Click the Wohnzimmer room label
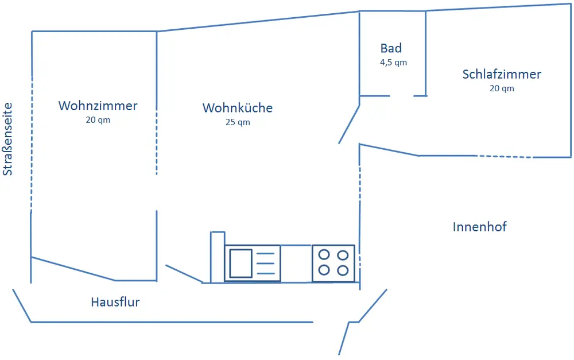click(98, 106)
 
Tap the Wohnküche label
click(238, 108)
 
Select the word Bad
click(391, 48)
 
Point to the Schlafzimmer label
click(502, 74)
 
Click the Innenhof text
click(479, 227)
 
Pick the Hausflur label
click(115, 302)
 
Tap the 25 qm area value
click(238, 122)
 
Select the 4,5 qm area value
click(393, 63)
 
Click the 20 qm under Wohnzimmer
click(98, 120)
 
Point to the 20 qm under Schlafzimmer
click(502, 88)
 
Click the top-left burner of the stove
click(324, 254)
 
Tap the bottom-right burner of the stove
click(343, 270)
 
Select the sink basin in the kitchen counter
click(241, 264)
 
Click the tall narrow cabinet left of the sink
click(218, 257)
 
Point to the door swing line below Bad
click(349, 124)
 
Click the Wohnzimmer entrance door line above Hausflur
click(73, 269)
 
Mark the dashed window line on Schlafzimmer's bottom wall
click(504, 156)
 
